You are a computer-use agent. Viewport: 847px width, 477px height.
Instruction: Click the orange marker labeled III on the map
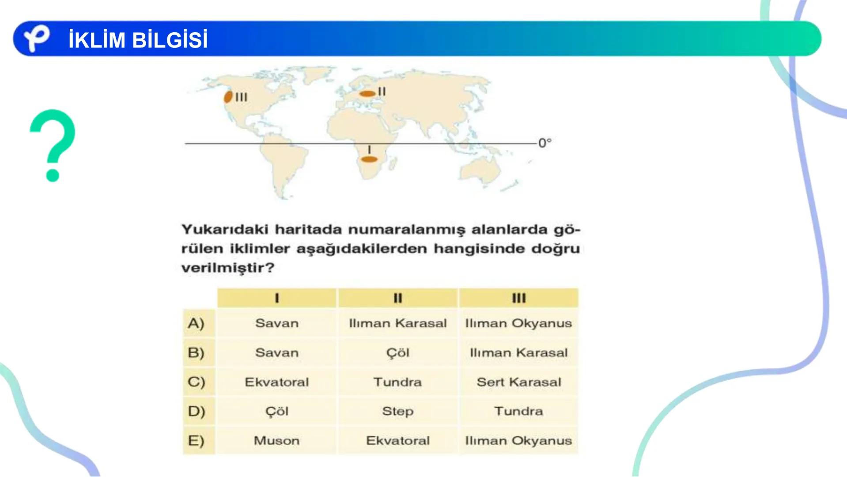(228, 97)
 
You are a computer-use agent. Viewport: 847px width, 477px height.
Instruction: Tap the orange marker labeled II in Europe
(367, 94)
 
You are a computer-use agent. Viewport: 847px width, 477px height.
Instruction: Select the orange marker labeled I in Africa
(369, 159)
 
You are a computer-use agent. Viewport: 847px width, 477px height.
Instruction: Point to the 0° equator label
(545, 143)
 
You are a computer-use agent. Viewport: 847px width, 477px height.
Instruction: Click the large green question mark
(53, 145)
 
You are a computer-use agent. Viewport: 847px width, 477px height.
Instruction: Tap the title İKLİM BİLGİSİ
(138, 40)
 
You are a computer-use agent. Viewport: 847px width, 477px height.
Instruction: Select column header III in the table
(518, 298)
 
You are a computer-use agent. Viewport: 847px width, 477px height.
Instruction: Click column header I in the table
(277, 298)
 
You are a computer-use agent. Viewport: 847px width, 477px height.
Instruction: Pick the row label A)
(196, 323)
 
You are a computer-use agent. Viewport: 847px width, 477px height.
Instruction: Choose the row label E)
(196, 441)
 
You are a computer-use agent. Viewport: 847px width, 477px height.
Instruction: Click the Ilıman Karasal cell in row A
(397, 323)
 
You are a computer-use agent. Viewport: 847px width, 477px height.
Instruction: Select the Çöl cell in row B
(397, 353)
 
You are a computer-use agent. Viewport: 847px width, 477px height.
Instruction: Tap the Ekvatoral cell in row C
(277, 382)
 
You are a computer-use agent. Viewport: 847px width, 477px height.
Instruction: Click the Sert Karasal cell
(518, 382)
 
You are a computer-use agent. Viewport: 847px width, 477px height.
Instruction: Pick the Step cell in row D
(397, 411)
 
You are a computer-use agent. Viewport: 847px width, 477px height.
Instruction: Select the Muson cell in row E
(277, 441)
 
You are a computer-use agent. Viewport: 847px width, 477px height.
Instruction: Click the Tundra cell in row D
(518, 411)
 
